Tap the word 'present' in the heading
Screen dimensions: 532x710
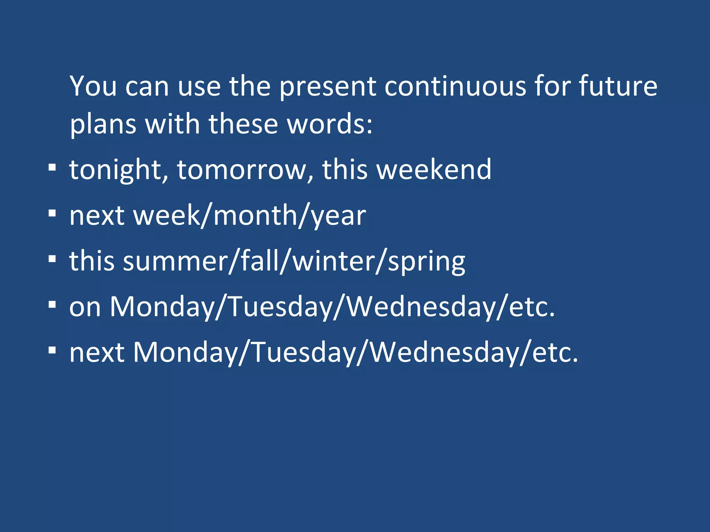[x=328, y=87]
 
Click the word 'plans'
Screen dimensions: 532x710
[x=103, y=125]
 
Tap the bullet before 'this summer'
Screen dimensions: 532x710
[x=52, y=259]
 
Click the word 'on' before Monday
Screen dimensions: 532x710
[x=85, y=307]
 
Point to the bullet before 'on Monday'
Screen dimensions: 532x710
[x=52, y=305]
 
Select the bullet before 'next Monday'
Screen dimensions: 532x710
[x=52, y=351]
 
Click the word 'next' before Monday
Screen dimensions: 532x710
[x=97, y=353]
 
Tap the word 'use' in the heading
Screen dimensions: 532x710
[x=199, y=87]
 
